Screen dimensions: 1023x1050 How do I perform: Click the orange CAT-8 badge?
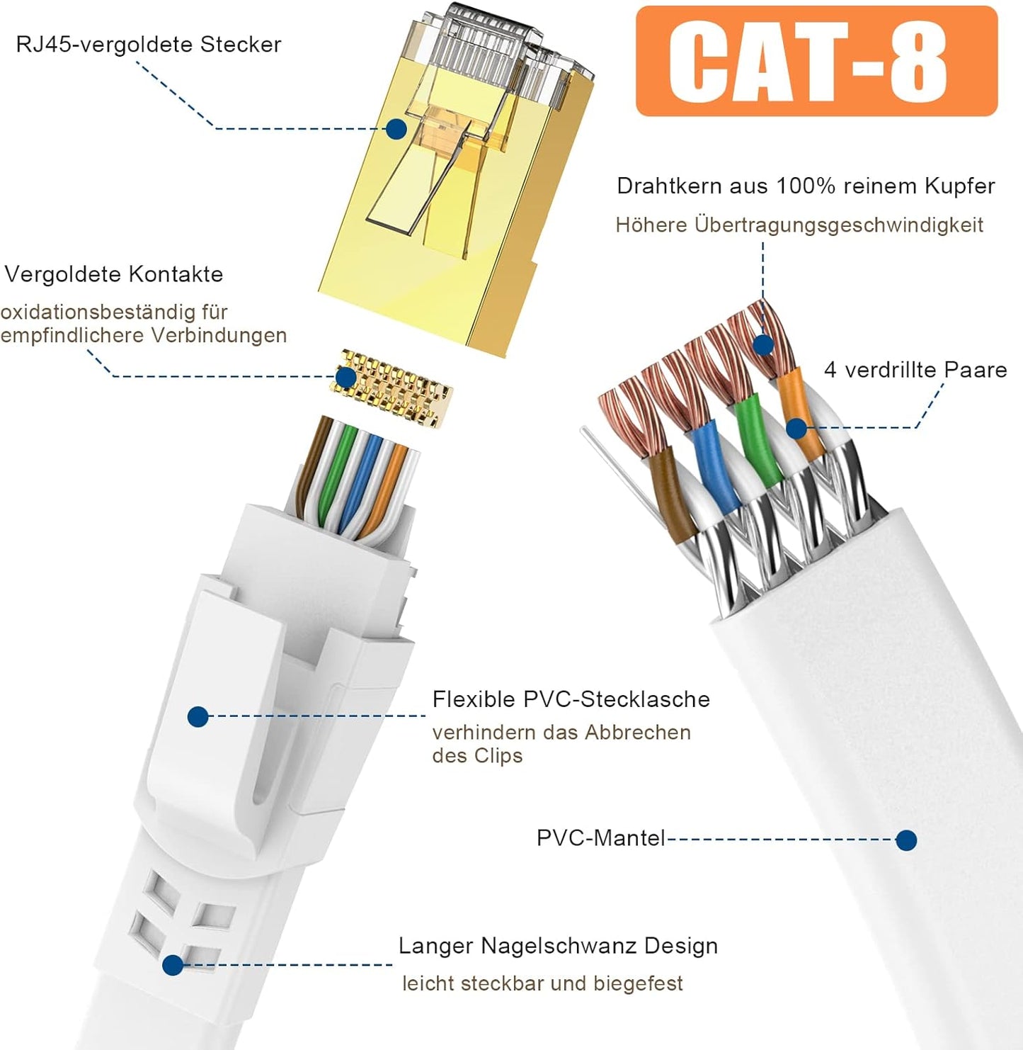(816, 61)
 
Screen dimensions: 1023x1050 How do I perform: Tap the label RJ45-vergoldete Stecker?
(149, 45)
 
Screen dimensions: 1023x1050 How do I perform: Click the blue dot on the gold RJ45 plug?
(396, 130)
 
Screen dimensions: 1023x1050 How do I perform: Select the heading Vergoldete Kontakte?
(114, 275)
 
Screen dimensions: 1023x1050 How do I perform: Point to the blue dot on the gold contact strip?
(345, 377)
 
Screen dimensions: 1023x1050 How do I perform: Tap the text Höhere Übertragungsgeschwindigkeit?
(799, 225)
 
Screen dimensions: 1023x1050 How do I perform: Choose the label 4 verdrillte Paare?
(915, 370)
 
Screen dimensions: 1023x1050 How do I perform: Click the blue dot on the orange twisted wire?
(796, 429)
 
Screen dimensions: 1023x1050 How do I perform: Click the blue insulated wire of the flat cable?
(711, 465)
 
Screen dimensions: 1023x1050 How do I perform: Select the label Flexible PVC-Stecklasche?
(571, 699)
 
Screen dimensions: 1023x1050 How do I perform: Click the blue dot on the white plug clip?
(198, 717)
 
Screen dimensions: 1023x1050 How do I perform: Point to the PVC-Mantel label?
(601, 838)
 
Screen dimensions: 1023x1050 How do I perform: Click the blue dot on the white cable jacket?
(906, 840)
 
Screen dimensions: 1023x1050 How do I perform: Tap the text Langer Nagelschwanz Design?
(558, 946)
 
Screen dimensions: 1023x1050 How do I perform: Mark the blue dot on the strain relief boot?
(173, 965)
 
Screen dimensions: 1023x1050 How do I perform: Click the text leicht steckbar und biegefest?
(542, 983)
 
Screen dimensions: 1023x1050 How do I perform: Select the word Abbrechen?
(638, 733)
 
